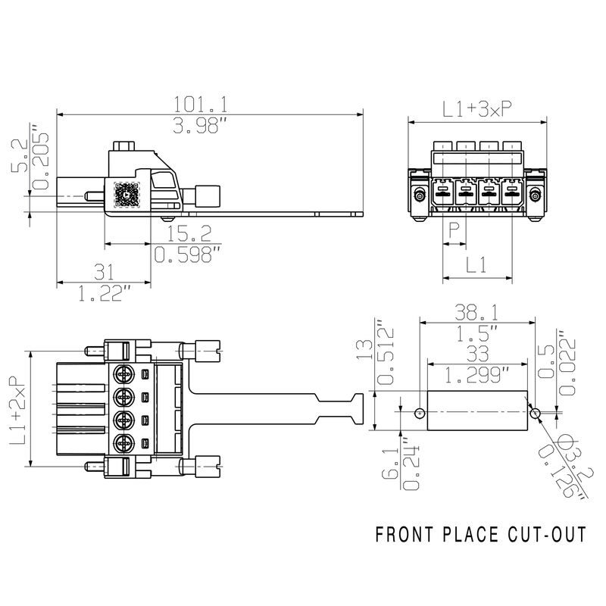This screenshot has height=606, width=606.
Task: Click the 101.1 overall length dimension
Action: [x=200, y=104]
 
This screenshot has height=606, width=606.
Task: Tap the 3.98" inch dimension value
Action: [x=200, y=125]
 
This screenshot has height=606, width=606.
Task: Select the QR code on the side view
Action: [x=127, y=195]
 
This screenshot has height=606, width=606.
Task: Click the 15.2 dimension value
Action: [x=189, y=233]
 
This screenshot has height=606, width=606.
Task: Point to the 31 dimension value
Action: [x=105, y=272]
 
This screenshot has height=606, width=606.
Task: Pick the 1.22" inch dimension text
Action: [x=105, y=293]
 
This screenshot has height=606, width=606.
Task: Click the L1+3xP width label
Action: [x=477, y=109]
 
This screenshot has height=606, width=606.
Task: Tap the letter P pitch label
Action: [x=454, y=231]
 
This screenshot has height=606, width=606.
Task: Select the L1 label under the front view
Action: [x=476, y=264]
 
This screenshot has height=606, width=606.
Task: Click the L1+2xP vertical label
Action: [x=17, y=410]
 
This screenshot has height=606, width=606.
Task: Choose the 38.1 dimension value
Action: [x=476, y=312]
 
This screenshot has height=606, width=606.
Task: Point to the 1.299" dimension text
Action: [x=477, y=374]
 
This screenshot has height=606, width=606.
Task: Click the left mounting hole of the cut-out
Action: [x=420, y=414]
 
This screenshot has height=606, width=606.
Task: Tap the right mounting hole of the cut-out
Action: [x=536, y=414]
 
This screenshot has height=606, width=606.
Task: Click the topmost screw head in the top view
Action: [x=123, y=374]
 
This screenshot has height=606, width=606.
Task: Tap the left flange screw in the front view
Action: [x=419, y=195]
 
